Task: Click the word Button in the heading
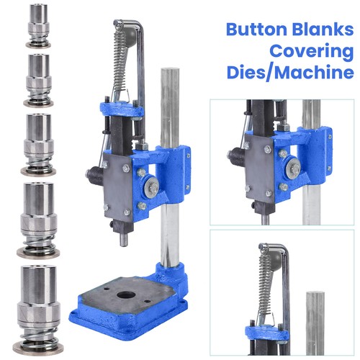(x=256, y=30)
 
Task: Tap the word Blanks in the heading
(x=323, y=30)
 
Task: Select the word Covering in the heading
(x=312, y=52)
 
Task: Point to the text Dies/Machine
(x=290, y=72)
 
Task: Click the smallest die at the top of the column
(x=38, y=26)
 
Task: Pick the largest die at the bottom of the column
(x=38, y=310)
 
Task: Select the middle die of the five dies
(x=38, y=145)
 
